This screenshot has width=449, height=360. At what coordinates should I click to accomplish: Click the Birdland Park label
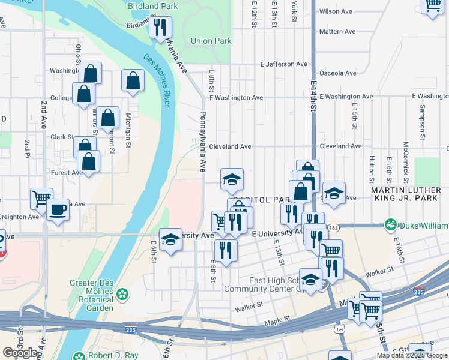point(152,6)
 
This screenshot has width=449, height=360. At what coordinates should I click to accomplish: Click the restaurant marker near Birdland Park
point(160,27)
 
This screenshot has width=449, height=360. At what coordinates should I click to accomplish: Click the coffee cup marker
point(58,210)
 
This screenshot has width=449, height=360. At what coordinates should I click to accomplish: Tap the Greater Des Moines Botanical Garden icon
point(123,294)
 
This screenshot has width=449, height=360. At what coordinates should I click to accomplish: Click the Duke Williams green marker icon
point(391,225)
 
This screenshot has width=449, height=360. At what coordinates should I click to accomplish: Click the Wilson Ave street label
point(336,11)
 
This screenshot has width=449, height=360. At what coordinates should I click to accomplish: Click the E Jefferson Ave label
point(283,64)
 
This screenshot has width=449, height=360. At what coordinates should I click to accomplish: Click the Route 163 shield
point(334,228)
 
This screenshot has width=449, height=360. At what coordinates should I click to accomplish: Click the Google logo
point(20,353)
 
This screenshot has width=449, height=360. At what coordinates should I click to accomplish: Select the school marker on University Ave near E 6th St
point(171,239)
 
